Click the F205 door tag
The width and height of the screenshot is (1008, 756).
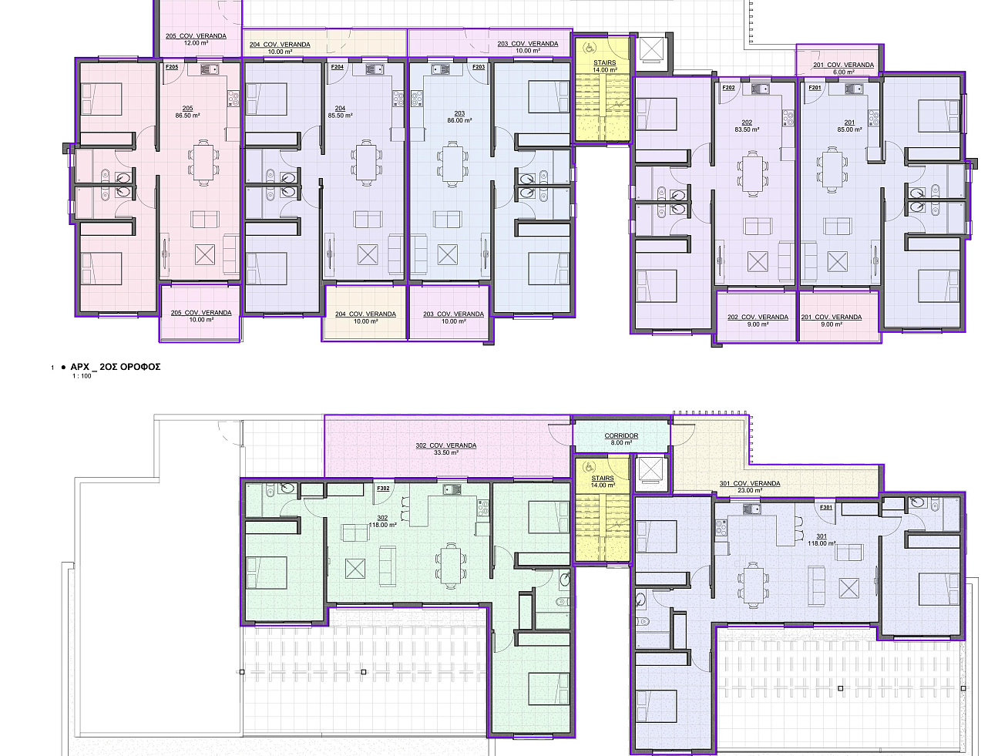[172, 67]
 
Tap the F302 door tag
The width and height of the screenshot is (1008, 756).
[383, 489]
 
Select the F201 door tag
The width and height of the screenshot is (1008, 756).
[815, 88]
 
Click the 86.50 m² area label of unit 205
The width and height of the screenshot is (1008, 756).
[187, 116]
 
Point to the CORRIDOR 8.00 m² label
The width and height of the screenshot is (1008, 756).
[621, 438]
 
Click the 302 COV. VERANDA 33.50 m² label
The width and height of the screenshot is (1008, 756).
[446, 449]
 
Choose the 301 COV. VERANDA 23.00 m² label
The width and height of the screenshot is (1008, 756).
[750, 486]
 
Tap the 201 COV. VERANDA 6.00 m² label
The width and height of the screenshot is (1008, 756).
[844, 69]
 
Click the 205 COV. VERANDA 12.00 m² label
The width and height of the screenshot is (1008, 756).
[196, 39]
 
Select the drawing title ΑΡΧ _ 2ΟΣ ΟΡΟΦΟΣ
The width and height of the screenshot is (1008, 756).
[116, 367]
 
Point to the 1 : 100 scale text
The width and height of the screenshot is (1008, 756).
[82, 376]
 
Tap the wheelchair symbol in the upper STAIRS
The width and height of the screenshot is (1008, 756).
[588, 46]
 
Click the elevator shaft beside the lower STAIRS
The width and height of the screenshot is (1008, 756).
[649, 470]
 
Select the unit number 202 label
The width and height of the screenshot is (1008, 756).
[747, 123]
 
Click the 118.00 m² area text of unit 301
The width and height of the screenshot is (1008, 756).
[822, 543]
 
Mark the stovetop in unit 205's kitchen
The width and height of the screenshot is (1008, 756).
[234, 99]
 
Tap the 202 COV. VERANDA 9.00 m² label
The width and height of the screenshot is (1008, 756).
[758, 321]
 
